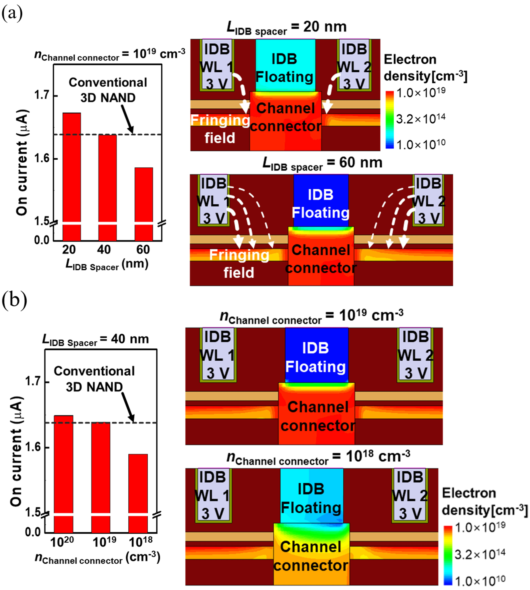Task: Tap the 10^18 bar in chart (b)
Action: [x=138, y=493]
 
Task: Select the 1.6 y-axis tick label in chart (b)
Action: [x=33, y=447]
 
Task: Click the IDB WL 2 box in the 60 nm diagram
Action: [x=428, y=201]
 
